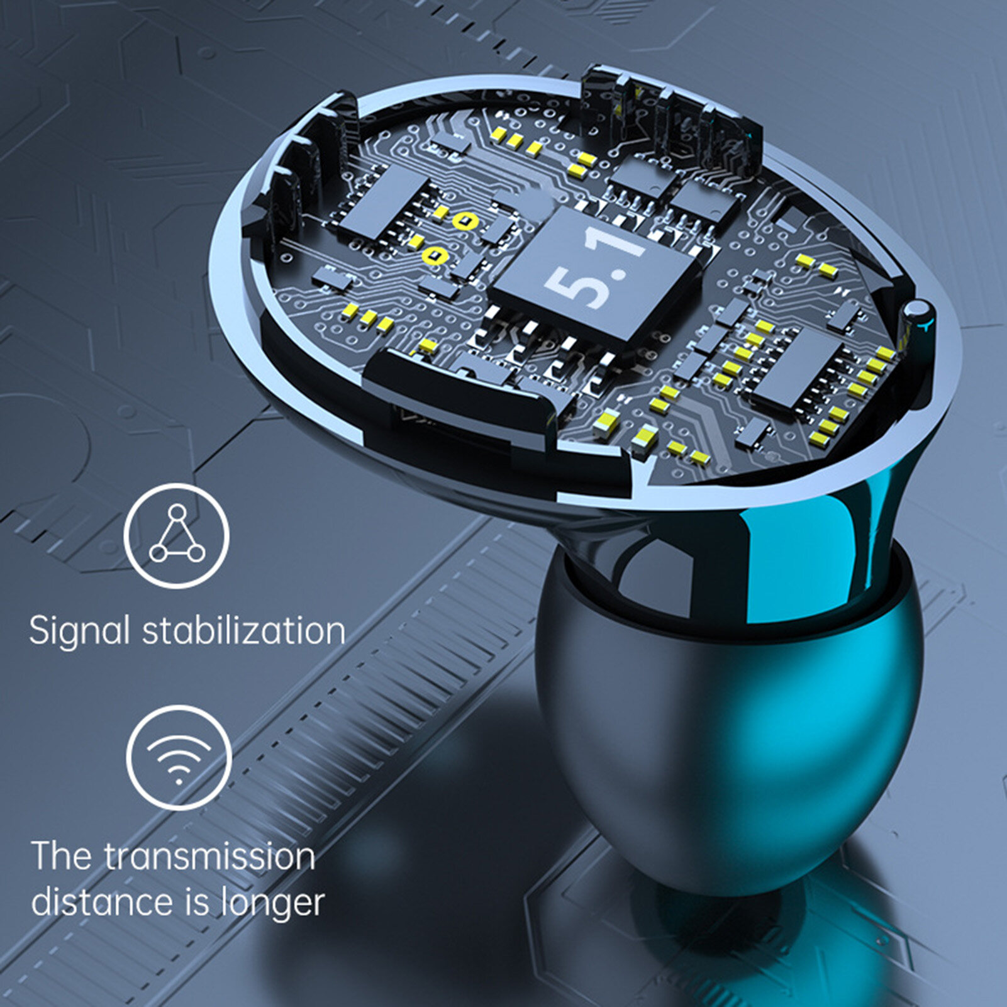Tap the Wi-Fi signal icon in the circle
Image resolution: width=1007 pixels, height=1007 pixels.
(179, 757)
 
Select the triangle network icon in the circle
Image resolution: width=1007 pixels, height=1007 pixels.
(177, 535)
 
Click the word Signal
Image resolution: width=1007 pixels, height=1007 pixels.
(79, 631)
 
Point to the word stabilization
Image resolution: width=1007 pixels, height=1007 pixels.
(244, 630)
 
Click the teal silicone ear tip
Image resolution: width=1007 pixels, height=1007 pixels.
(730, 717)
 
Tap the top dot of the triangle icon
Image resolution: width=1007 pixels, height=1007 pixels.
(177, 512)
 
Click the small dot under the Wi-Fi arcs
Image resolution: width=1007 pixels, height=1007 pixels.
(179, 782)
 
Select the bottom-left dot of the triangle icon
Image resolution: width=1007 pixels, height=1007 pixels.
(158, 553)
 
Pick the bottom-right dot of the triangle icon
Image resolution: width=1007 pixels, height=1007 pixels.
(196, 553)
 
